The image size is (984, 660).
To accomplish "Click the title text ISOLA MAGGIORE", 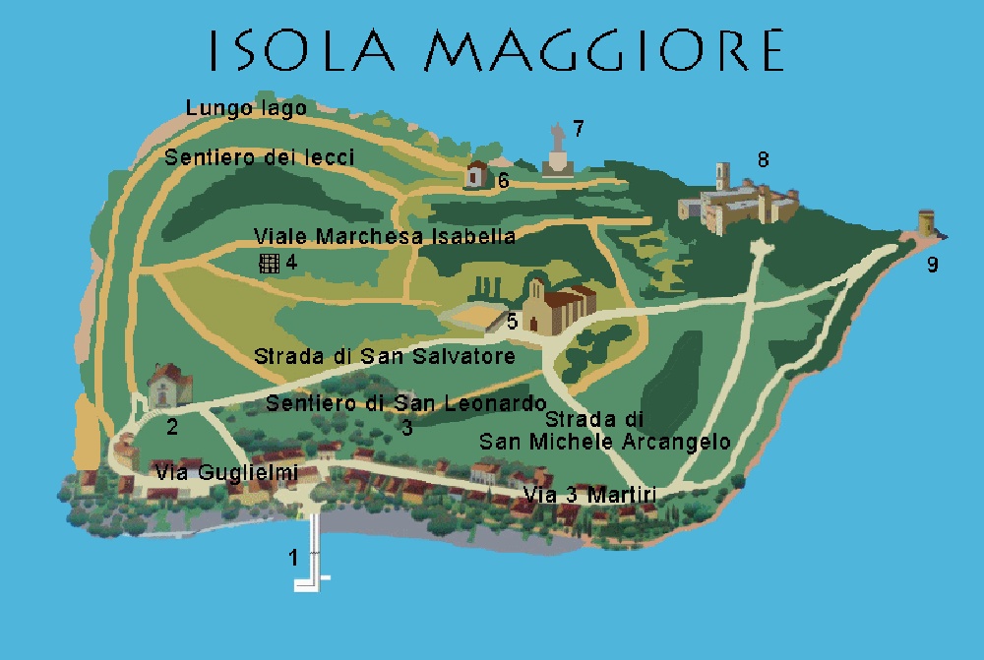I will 497,49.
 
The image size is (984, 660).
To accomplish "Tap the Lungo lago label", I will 246,108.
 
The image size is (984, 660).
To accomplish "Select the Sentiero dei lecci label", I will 260,157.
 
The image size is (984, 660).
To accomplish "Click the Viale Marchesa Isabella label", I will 385,237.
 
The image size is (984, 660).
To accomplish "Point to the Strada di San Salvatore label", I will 385,356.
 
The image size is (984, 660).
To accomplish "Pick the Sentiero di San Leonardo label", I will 405,403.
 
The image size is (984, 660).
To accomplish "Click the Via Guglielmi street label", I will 226,473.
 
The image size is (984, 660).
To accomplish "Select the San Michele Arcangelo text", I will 604,442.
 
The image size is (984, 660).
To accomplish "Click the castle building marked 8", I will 739,203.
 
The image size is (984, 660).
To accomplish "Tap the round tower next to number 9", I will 926,222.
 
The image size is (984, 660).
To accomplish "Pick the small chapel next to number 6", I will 477,175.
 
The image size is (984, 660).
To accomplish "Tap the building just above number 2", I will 168,385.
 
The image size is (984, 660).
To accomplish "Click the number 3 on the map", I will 406,427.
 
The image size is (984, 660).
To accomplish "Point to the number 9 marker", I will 933,265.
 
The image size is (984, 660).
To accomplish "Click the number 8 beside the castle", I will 763,158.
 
